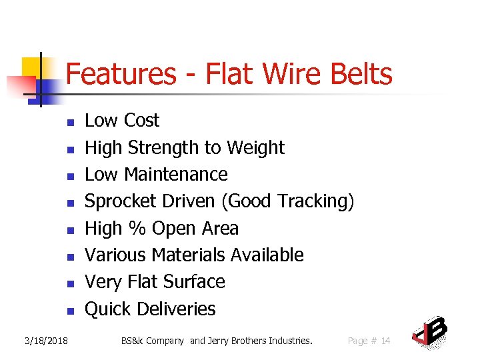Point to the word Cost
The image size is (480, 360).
(141, 121)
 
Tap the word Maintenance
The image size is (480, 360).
(176, 175)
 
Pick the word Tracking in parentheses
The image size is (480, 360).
(313, 201)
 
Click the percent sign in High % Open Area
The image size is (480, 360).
(137, 229)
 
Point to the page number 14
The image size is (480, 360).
(385, 341)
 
